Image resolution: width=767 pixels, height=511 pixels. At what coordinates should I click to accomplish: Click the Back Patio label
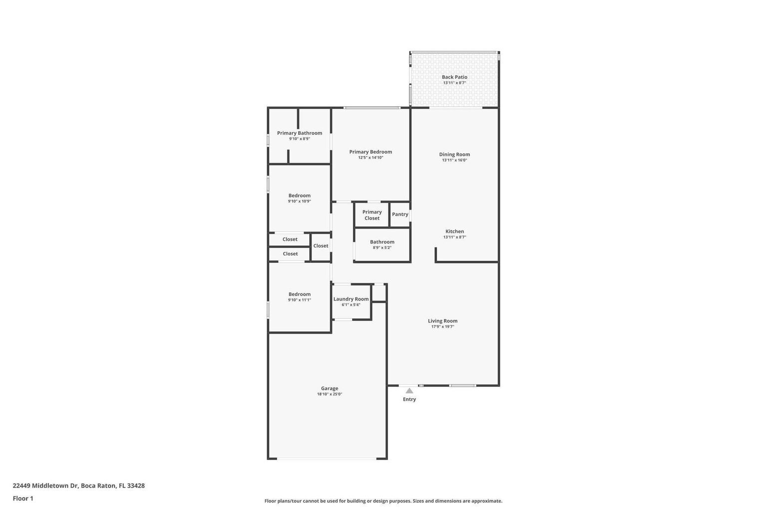point(454,77)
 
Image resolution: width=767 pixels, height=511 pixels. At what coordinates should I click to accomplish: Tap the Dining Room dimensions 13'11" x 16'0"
point(454,160)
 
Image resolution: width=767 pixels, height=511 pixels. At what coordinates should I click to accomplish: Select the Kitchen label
point(454,231)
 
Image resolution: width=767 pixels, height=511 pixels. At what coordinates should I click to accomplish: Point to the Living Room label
point(442,321)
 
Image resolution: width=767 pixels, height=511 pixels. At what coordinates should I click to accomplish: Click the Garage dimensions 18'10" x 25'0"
point(330,394)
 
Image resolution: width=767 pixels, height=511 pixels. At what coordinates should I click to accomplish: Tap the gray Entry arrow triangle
point(409,391)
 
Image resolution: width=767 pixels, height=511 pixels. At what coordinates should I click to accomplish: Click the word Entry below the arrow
point(409,399)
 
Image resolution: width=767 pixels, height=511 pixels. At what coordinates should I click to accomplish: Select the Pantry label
point(400,214)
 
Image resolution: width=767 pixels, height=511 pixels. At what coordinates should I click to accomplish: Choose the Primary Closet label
point(372,215)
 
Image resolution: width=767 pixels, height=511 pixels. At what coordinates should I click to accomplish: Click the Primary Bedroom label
point(371,152)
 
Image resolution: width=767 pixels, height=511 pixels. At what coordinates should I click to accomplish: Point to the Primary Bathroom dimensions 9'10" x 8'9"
point(300,139)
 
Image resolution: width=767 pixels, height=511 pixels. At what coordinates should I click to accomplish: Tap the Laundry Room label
point(351,299)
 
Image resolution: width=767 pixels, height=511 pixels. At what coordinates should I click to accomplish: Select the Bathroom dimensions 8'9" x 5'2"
point(382,248)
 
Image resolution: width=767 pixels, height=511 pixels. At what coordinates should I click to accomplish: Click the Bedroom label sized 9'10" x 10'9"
point(300,196)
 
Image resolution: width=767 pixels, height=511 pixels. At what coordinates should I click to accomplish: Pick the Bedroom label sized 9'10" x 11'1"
point(300,294)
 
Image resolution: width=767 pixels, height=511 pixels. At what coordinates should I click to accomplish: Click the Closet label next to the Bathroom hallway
point(321,246)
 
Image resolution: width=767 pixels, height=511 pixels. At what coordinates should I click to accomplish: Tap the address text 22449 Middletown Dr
point(45,486)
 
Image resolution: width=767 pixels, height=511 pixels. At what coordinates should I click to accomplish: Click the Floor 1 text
point(23,498)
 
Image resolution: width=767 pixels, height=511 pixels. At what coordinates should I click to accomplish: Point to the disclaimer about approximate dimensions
point(383,501)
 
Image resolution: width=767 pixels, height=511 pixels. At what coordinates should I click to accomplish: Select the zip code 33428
point(136,486)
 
